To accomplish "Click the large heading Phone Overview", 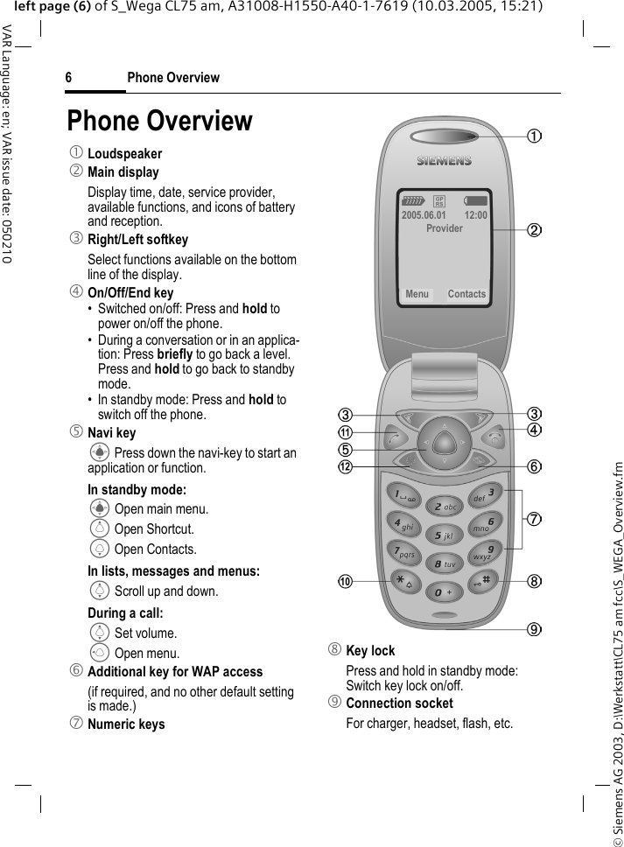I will tap(159, 121).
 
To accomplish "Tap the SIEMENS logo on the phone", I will tap(444, 161).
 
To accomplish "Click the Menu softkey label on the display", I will tap(417, 294).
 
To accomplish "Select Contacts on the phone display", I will tap(466, 294).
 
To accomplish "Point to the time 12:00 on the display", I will tap(475, 215).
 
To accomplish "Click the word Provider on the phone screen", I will tap(445, 228).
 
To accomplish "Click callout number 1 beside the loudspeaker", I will tap(533, 136).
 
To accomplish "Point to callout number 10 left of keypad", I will tap(347, 581).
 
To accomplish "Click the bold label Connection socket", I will tap(399, 703).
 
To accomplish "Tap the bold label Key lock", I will tap(370, 651).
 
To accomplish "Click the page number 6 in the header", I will tap(68, 78).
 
